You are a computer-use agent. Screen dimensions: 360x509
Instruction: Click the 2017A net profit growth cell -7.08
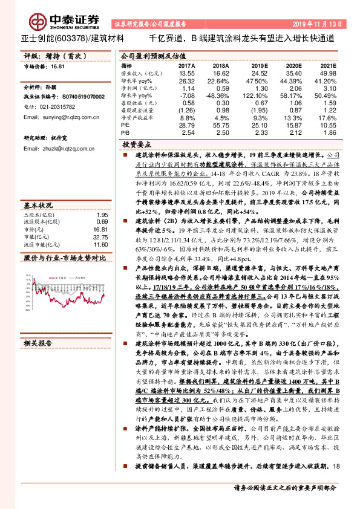[x=186, y=96]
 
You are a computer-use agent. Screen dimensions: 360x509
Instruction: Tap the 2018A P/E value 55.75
[x=221, y=124]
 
